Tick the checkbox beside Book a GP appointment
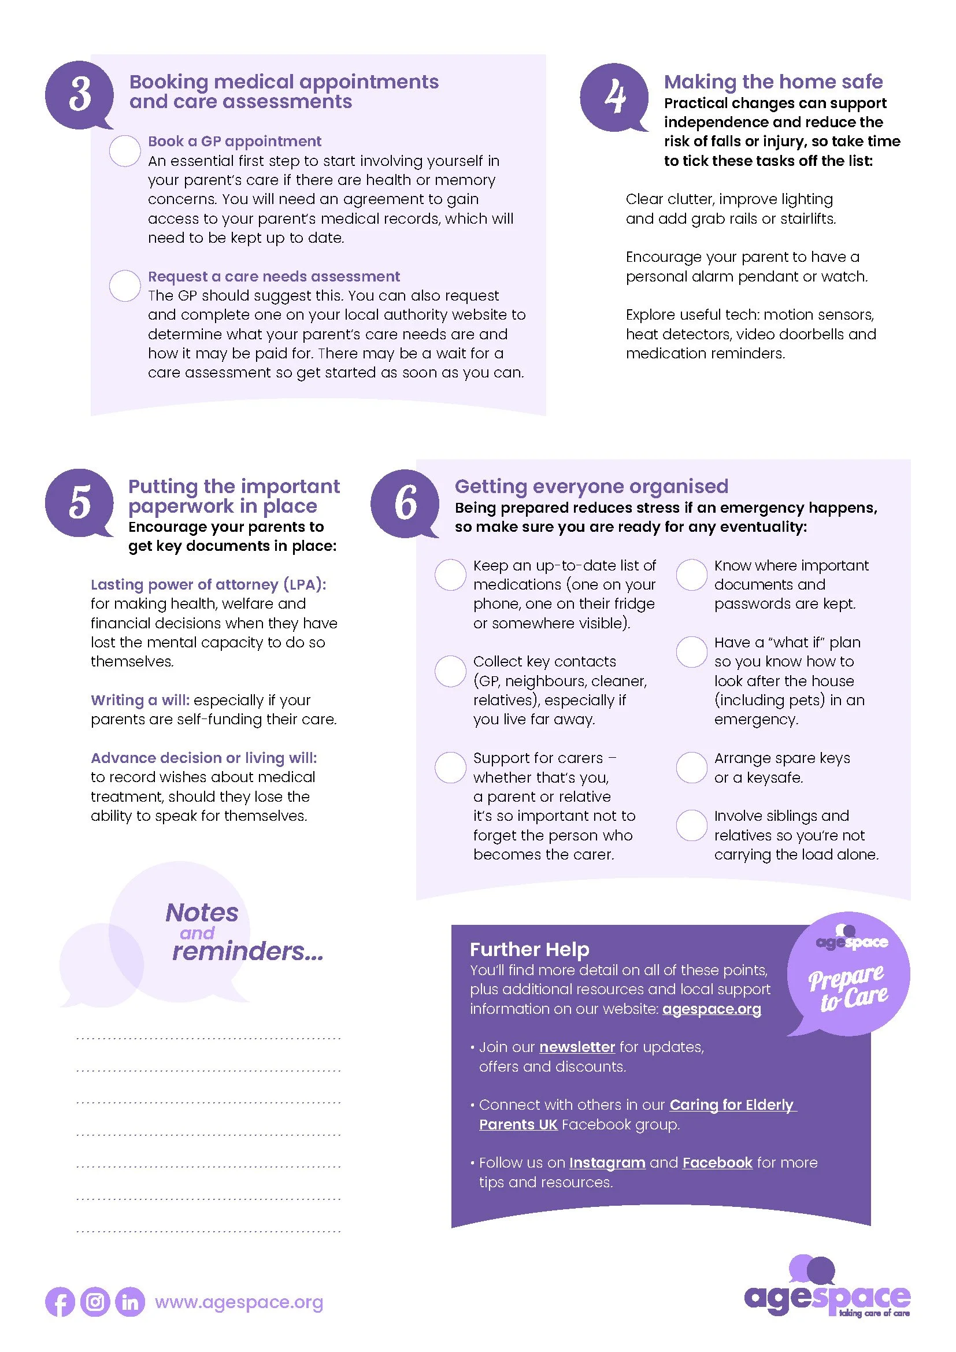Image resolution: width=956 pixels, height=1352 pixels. coord(125,151)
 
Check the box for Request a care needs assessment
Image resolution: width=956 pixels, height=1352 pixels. coord(125,286)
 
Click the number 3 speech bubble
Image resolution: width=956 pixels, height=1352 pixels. coord(79,95)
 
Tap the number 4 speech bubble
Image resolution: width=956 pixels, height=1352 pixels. coord(614,97)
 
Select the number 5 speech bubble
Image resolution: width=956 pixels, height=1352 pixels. coord(79,502)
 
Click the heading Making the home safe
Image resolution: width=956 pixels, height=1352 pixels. coord(773,82)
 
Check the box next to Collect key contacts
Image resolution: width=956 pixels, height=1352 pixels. coord(450,671)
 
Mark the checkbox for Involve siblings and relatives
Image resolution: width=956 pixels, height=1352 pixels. coord(692,825)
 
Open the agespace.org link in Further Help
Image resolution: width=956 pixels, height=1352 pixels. coord(712,1009)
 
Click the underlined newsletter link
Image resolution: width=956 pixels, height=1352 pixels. coord(577,1047)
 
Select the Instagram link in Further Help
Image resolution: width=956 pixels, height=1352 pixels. coord(607,1162)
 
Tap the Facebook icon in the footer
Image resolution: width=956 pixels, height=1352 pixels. coord(60,1302)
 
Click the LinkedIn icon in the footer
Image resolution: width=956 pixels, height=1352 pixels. coord(130,1302)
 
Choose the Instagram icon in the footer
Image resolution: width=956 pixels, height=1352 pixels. coord(95,1302)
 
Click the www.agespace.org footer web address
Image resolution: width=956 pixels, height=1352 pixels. coord(239,1302)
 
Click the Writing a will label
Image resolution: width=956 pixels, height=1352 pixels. coord(140,700)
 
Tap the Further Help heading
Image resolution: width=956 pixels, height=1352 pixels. coord(529,949)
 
